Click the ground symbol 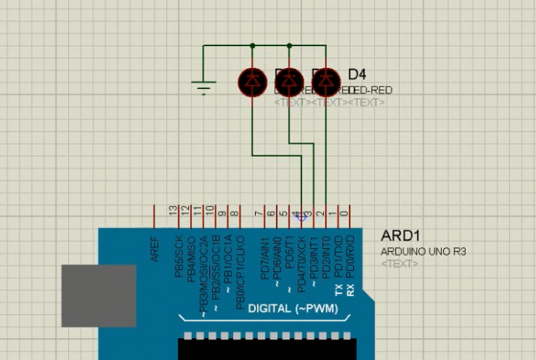coord(203,87)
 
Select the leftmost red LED coord(252,80)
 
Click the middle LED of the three coord(289,80)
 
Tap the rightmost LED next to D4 coord(326,80)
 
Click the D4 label coord(357,75)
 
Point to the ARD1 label coord(396,236)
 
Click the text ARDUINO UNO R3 coord(423,251)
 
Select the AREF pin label coord(155,250)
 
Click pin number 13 coord(174,209)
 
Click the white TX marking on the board coord(338,290)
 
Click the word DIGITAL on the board coord(270,309)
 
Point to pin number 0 coord(345,213)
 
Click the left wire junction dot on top coord(252,45)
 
